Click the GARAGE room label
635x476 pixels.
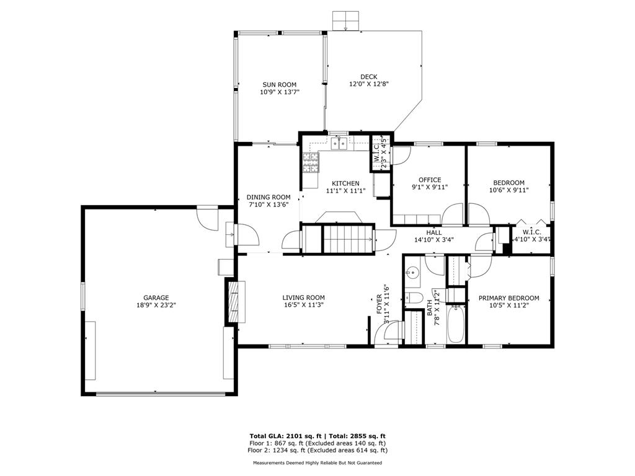156,298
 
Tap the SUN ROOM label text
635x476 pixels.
280,84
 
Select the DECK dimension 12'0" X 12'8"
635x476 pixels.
369,84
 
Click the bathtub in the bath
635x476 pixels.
456,324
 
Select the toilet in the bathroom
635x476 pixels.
414,297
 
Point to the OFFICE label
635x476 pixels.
430,180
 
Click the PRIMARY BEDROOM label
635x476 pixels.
508,298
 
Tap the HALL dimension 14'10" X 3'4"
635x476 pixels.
433,240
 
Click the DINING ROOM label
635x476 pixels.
269,198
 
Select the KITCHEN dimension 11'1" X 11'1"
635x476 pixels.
346,190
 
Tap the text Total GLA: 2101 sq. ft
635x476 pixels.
285,436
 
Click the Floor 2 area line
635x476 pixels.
317,450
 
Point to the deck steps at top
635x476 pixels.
346,21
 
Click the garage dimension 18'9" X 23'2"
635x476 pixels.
156,305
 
